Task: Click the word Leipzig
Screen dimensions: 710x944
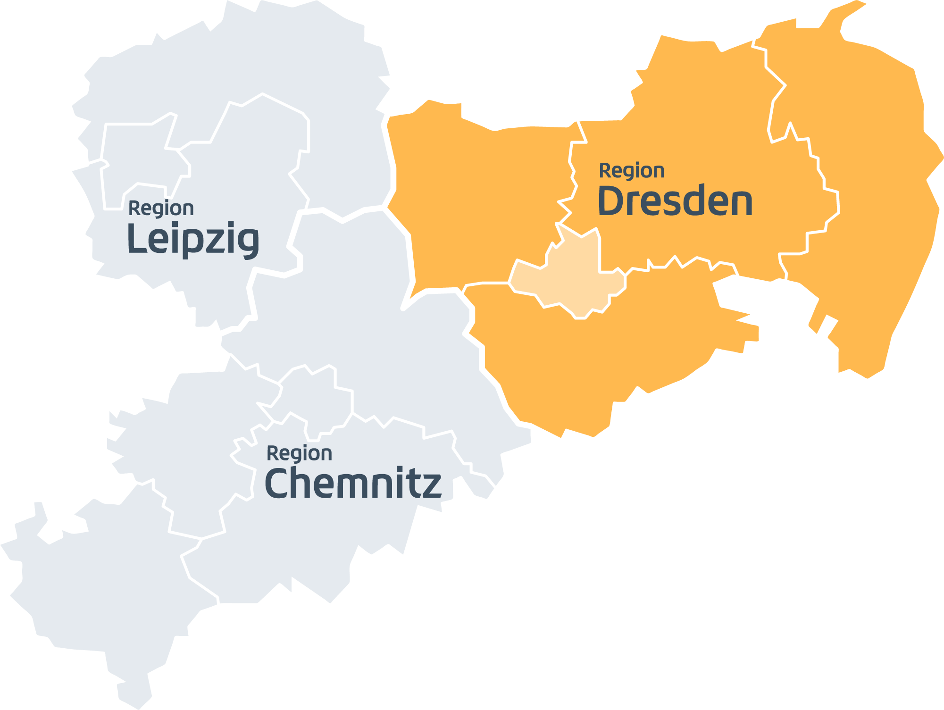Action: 193,239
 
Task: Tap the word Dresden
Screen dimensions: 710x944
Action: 675,201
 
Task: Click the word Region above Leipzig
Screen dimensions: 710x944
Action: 161,209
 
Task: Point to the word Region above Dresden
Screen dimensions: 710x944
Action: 632,171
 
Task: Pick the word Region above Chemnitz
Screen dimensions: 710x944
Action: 299,453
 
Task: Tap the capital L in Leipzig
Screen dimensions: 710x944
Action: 135,238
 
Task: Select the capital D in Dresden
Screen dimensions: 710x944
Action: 610,201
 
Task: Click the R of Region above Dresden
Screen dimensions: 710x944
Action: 603,171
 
